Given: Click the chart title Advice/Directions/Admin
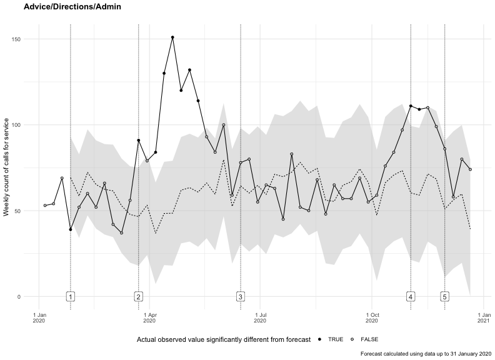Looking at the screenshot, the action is tap(72, 6).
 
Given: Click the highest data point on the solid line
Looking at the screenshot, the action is tap(172, 37).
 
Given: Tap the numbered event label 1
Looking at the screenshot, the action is tap(71, 297).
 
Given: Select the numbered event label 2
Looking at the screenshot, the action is tap(139, 297).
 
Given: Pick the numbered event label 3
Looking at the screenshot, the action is tap(241, 297).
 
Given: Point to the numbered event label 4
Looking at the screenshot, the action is tap(411, 297).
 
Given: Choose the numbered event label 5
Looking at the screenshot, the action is tap(445, 297).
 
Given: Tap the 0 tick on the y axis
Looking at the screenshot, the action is tap(19, 297).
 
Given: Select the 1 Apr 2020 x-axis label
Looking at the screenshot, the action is tap(149, 317).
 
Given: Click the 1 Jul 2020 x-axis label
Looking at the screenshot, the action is tap(260, 317).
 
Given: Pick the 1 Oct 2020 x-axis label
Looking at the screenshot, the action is tap(372, 317).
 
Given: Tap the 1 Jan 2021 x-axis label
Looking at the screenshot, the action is tap(484, 317).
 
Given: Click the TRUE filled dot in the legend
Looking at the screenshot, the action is tap(320, 339).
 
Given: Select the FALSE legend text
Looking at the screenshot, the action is tap(369, 339).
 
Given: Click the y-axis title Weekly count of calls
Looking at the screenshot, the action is tap(6, 167).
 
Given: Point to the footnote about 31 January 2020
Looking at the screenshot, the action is tap(426, 354).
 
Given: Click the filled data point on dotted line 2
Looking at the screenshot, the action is tap(139, 140).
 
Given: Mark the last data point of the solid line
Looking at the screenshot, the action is tap(471, 169).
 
